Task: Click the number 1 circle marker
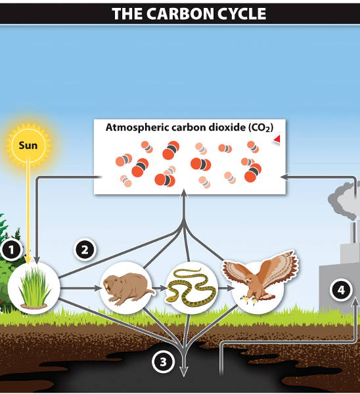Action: (x=11, y=250)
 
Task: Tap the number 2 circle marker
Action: (x=85, y=250)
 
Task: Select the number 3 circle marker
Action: (x=163, y=362)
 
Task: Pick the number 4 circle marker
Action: (x=341, y=290)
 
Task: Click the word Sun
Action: (x=28, y=145)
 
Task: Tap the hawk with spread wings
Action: (x=259, y=276)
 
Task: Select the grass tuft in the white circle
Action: (x=34, y=288)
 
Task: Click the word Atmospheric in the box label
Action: (x=137, y=127)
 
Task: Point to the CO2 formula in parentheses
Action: (x=261, y=127)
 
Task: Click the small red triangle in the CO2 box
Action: (x=277, y=139)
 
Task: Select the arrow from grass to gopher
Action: (x=80, y=288)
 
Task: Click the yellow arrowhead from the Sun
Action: (x=28, y=260)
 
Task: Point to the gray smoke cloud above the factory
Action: (x=344, y=201)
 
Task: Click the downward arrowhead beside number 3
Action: (x=184, y=371)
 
